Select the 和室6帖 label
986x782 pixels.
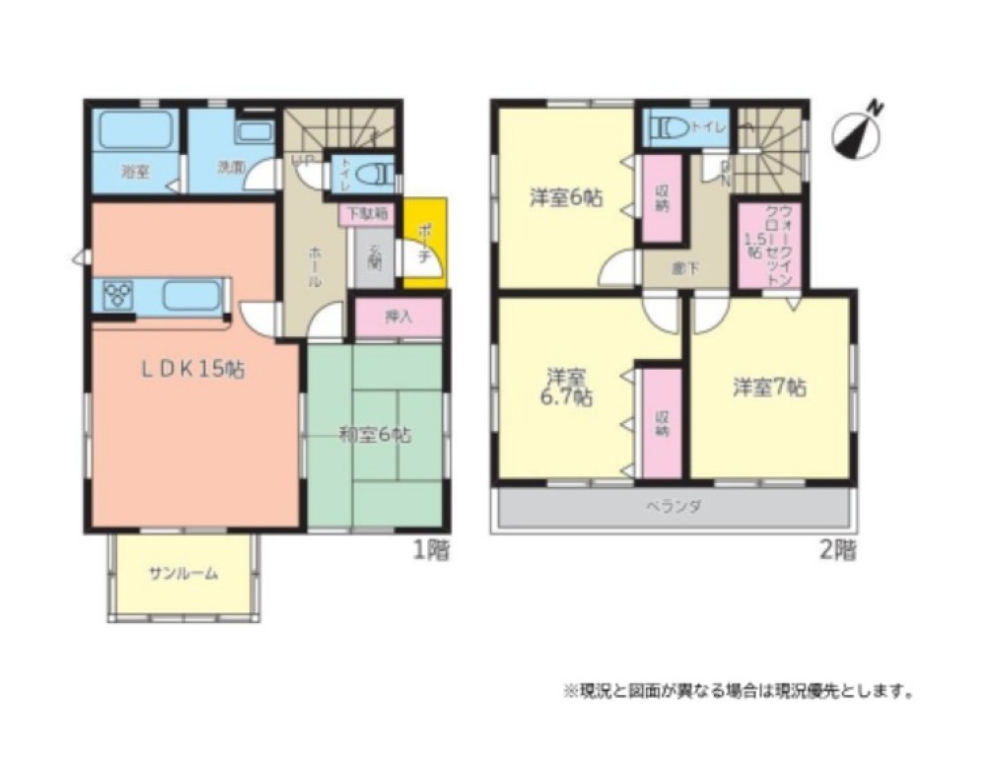[x=376, y=433]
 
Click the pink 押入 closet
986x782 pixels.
[x=398, y=318]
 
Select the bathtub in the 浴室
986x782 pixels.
[x=136, y=130]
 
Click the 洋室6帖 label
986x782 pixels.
[x=566, y=197]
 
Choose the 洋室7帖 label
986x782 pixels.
[x=769, y=388]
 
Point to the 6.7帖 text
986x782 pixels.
[x=569, y=398]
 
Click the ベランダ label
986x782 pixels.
[x=673, y=506]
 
